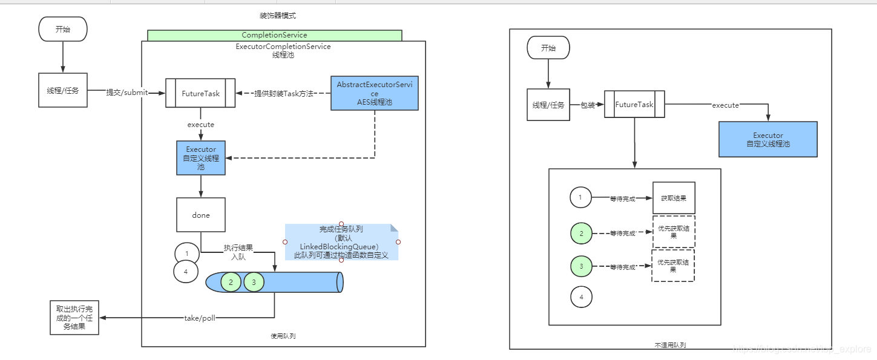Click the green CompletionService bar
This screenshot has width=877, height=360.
[274, 35]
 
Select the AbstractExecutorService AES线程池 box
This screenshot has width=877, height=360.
[374, 93]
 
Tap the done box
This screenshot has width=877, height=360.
[200, 215]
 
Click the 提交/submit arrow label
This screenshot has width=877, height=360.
[126, 93]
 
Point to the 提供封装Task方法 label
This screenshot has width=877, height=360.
[283, 94]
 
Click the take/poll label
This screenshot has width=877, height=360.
[200, 318]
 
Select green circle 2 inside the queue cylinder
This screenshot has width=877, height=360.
[231, 282]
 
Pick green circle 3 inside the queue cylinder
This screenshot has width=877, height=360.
[254, 282]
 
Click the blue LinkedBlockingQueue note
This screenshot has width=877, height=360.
[341, 242]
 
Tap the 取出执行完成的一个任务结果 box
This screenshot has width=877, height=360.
[74, 317]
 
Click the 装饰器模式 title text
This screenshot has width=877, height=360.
[277, 16]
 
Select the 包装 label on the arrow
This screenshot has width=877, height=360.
[588, 105]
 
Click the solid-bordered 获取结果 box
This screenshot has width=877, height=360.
[673, 197]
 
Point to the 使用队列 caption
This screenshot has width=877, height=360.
[283, 336]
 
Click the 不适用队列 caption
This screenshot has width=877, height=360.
[670, 345]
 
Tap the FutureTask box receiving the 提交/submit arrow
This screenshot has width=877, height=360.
[200, 93]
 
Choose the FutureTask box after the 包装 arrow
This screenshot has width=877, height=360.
[634, 105]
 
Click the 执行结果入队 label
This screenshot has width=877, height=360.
[238, 252]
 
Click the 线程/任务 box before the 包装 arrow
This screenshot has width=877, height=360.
[548, 105]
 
